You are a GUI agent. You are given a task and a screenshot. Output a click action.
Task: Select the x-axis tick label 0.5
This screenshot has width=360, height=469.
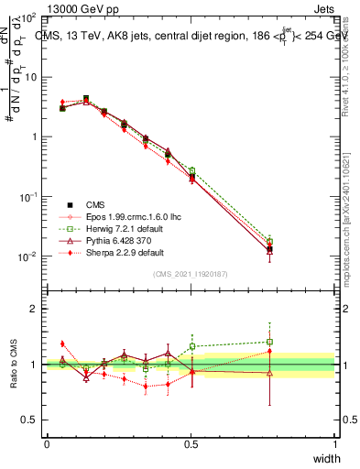point(191,444)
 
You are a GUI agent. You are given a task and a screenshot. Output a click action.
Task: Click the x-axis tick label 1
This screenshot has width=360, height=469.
point(334,444)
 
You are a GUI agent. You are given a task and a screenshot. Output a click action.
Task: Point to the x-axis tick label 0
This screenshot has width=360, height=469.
point(47,444)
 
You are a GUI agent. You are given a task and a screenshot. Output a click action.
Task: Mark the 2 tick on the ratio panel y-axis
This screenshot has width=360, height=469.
point(32,309)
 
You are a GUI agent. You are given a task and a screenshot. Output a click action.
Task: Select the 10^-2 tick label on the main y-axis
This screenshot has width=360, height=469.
point(27,256)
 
